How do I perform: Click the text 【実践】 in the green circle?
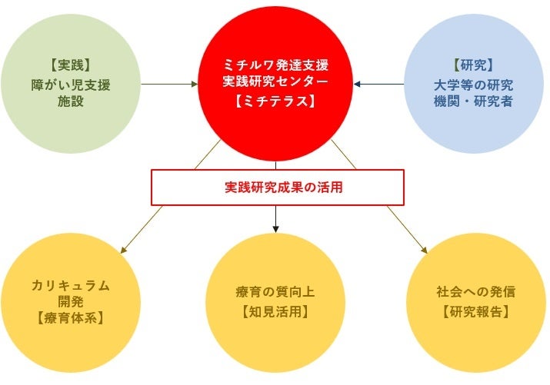pyautogui.click(x=71, y=65)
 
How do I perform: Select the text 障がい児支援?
pyautogui.click(x=71, y=85)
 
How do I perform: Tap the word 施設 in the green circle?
pyautogui.click(x=71, y=101)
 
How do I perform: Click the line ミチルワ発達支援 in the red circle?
pyautogui.click(x=275, y=65)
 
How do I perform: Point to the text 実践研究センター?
pyautogui.click(x=275, y=81)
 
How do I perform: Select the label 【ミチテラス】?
pyautogui.click(x=275, y=101)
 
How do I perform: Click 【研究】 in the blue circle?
pyautogui.click(x=474, y=65)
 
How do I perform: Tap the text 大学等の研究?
pyautogui.click(x=474, y=85)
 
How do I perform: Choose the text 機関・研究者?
pyautogui.click(x=474, y=101)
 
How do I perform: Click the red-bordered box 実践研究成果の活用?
pyautogui.click(x=278, y=188)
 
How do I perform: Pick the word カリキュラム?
pyautogui.click(x=71, y=286)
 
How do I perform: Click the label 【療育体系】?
pyautogui.click(x=71, y=318)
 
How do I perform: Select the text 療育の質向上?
pyautogui.click(x=275, y=292)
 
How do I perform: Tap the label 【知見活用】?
pyautogui.click(x=275, y=311)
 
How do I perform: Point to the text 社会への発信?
pyautogui.click(x=476, y=292)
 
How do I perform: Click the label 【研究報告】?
pyautogui.click(x=476, y=311)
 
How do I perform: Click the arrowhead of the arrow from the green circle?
pyautogui.click(x=195, y=84)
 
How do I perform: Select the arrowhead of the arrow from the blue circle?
pyautogui.click(x=357, y=84)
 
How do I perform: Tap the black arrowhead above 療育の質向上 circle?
pyautogui.click(x=275, y=229)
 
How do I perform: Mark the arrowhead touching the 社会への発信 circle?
pyautogui.click(x=425, y=250)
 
